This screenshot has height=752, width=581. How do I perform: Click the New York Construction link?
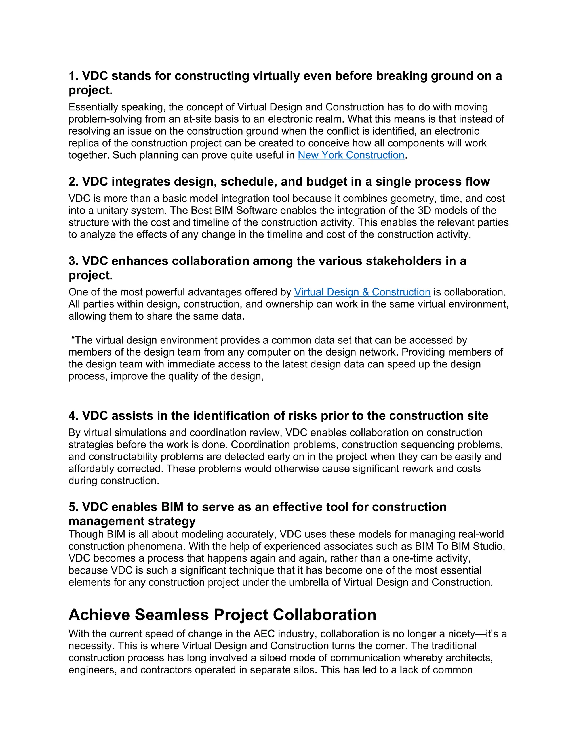(x=351, y=155)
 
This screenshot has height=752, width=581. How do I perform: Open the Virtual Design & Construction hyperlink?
(x=362, y=292)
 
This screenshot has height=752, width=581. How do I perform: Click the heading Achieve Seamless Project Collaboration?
(x=222, y=615)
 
